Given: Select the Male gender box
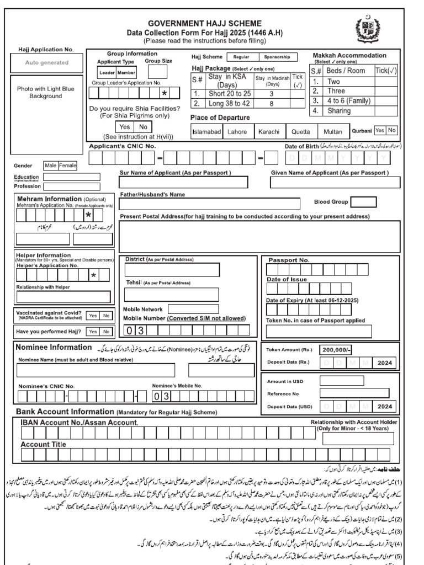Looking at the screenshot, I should coord(51,165).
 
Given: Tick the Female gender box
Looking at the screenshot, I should coord(68,165).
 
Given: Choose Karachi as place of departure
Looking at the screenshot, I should coord(269,131).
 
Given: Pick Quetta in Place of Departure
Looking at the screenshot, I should coord(301,131).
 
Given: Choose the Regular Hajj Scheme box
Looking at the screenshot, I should coord(242,57).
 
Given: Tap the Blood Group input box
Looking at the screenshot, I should coord(363,202).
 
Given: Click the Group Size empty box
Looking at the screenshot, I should coord(158,72).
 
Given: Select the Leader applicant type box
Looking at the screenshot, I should coord(107,72).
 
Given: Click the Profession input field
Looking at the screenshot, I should coord(71,186).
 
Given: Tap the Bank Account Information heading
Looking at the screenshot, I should coord(65,412).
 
